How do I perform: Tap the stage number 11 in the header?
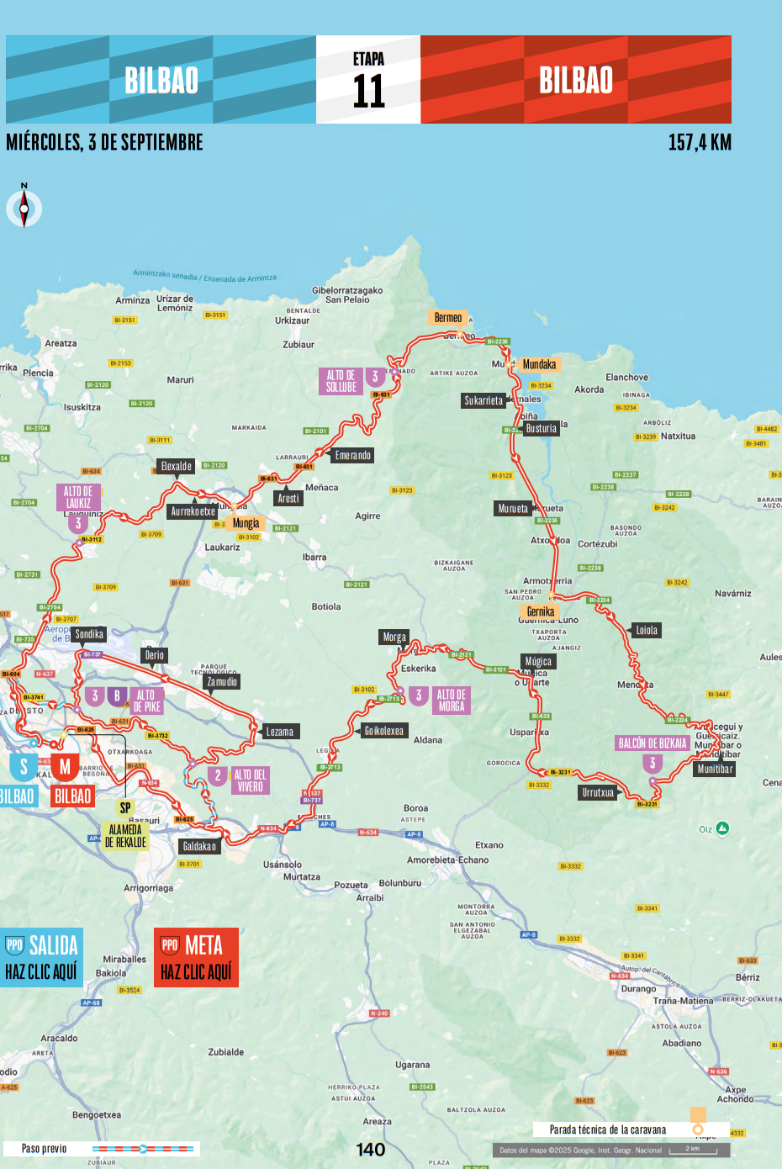coord(368,90)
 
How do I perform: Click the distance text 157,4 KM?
coord(699,142)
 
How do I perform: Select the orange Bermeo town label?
coord(447,318)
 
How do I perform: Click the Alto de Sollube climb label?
coord(341,381)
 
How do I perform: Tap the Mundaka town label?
coord(539,364)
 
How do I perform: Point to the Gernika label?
coord(540,611)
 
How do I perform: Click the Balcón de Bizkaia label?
coord(653,743)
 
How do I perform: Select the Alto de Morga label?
coord(451,700)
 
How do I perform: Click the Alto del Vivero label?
coord(250,780)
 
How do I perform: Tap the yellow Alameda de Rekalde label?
coord(125,836)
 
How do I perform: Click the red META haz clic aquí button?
coord(196,958)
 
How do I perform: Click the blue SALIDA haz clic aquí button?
coord(41,958)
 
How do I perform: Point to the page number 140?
coord(371,1150)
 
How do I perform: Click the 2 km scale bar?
coord(693,1150)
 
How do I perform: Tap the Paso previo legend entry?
coord(44,1149)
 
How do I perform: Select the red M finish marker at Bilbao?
coord(65,767)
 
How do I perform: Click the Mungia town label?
coord(246,523)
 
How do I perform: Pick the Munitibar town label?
coord(715,769)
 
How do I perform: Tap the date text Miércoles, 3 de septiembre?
coord(104,142)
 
